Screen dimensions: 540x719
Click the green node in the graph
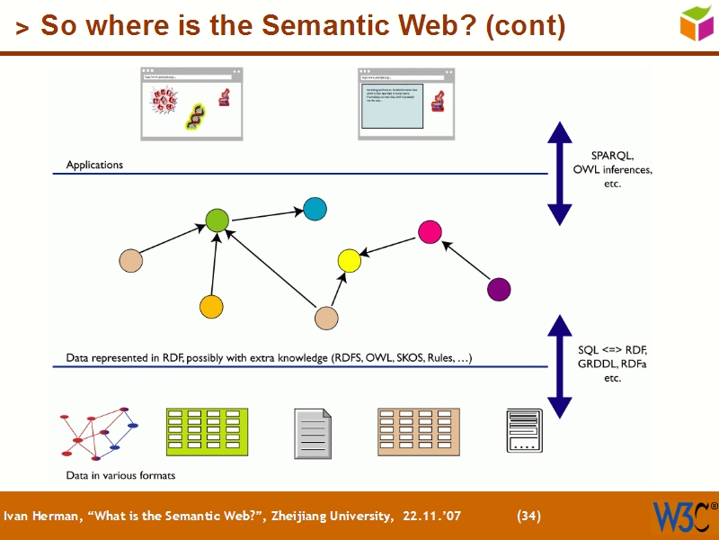[x=217, y=220]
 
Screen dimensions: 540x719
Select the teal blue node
[x=315, y=209]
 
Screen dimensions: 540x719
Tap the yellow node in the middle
[x=349, y=261]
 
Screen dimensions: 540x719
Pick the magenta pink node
[x=430, y=231]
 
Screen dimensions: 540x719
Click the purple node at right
[x=498, y=289]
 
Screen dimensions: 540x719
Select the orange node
[x=211, y=307]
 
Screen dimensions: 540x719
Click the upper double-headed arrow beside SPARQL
[x=560, y=173]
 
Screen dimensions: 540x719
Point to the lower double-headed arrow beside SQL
[x=560, y=366]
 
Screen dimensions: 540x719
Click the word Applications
[x=94, y=166]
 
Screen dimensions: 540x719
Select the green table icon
[x=207, y=431]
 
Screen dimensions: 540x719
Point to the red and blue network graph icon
[x=98, y=433]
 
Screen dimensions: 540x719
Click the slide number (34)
[x=528, y=516]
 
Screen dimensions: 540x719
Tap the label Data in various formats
[x=120, y=475]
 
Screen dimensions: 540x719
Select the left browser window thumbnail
[x=191, y=103]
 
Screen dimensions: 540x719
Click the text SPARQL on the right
[x=612, y=154]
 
